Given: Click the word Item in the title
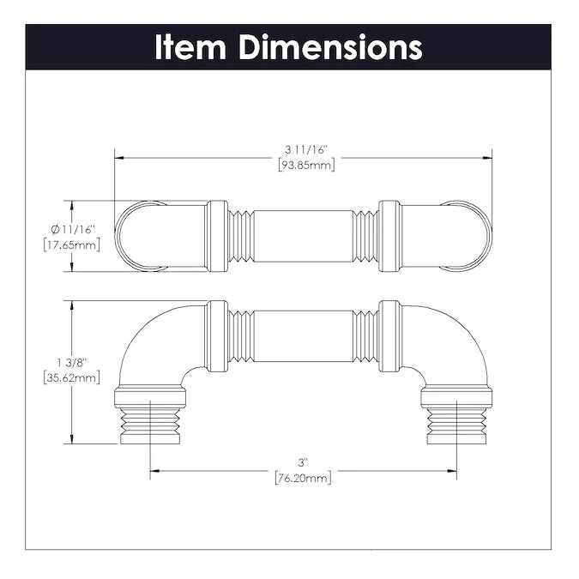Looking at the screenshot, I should [x=191, y=47].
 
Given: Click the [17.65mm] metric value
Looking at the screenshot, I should [x=71, y=244].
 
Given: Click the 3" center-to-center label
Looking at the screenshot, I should [x=303, y=462].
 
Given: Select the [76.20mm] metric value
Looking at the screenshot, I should [x=303, y=477].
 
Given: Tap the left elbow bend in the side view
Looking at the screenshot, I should [x=150, y=339].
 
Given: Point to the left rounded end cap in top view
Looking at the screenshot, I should [x=137, y=236].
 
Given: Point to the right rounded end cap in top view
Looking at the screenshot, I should [x=470, y=236].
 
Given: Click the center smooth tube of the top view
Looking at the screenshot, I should [x=304, y=236].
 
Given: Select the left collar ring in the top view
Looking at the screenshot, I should [x=217, y=236].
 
